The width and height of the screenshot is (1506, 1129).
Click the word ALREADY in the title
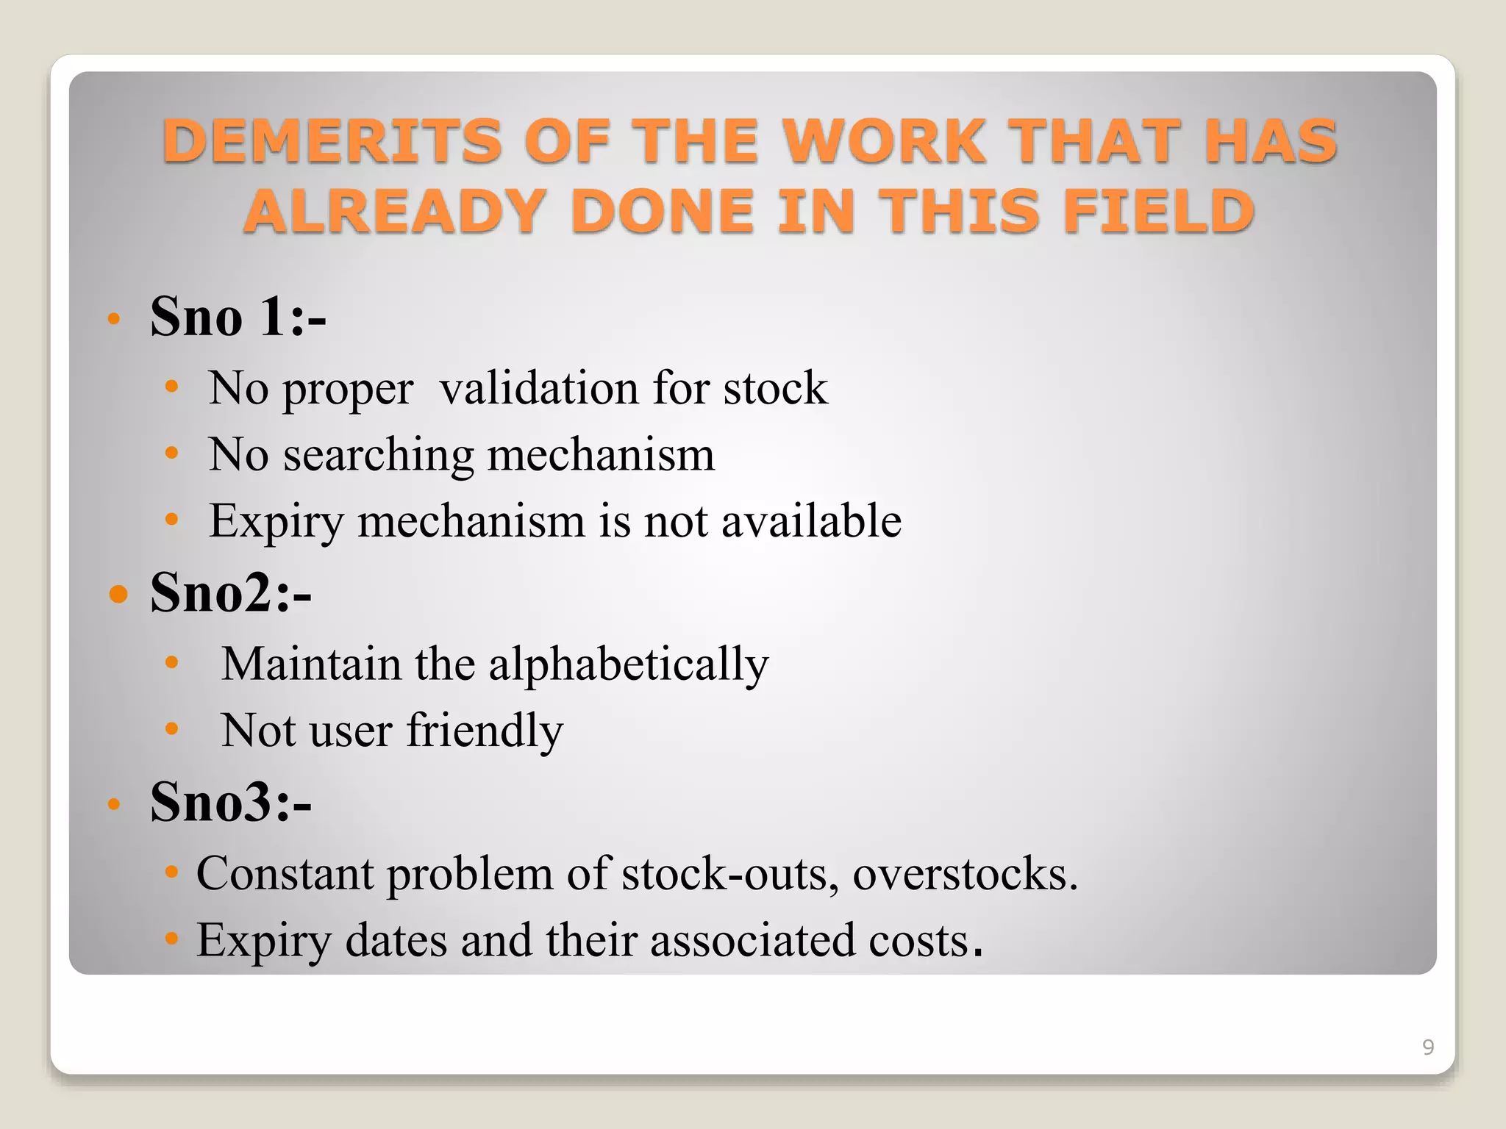click(x=395, y=212)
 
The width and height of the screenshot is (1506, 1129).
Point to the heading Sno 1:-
click(x=238, y=317)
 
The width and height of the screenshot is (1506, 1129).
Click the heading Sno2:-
click(x=231, y=592)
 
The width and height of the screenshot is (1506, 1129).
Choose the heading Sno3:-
click(x=231, y=802)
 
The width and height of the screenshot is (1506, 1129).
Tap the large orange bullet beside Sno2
click(x=118, y=593)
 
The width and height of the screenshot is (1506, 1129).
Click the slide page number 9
click(x=1428, y=1047)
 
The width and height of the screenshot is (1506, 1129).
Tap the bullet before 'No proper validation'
click(x=171, y=386)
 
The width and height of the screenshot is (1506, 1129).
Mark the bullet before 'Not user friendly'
click(x=171, y=729)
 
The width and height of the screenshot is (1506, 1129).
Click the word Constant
click(x=285, y=875)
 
